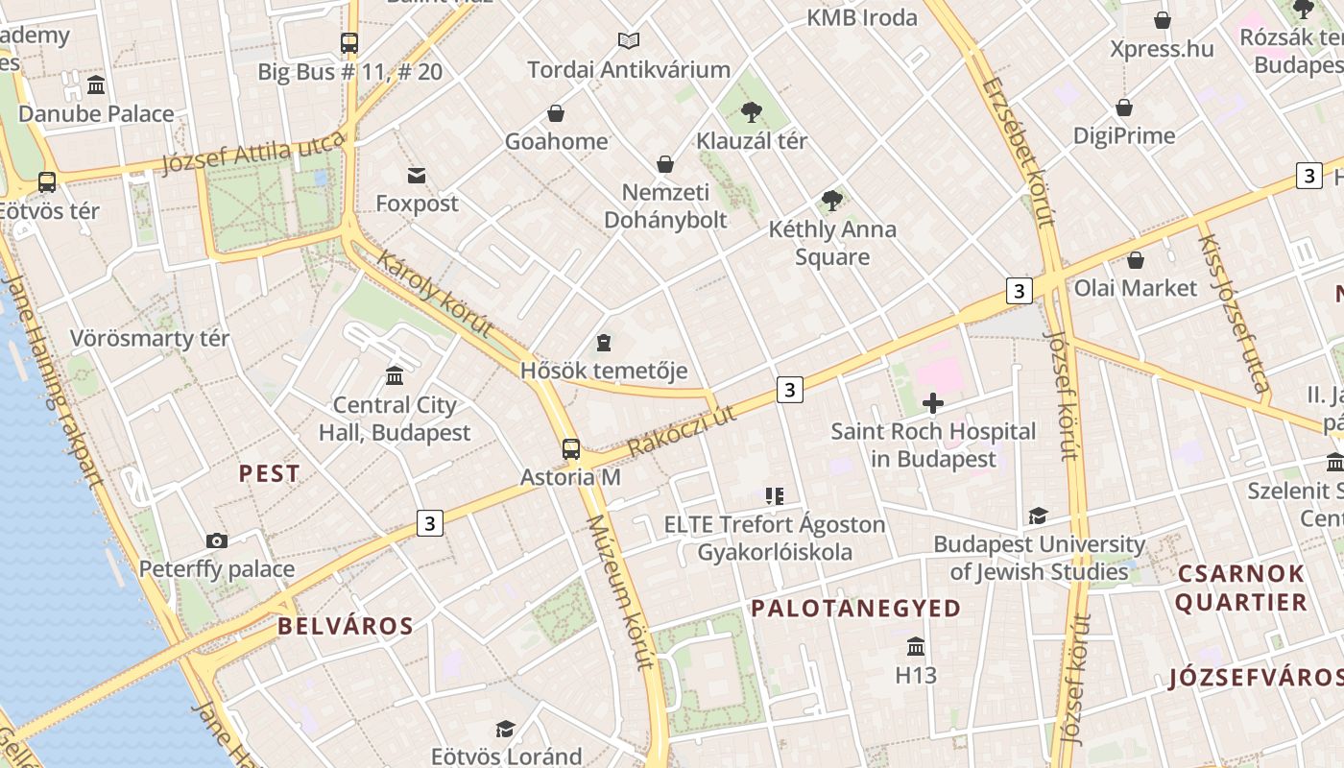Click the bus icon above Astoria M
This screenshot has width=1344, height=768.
tap(571, 448)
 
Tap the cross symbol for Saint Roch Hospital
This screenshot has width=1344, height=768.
tap(932, 403)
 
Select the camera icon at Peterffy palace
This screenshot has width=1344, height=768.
tap(217, 540)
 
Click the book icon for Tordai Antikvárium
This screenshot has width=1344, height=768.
tap(629, 40)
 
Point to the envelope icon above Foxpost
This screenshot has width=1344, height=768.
tap(417, 175)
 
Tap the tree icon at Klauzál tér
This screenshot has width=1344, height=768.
tap(752, 112)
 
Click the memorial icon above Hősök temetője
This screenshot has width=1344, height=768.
tap(604, 342)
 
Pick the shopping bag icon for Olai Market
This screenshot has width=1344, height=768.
tap(1136, 260)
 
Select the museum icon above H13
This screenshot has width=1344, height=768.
tap(916, 646)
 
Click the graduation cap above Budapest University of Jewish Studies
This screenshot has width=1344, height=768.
tap(1038, 516)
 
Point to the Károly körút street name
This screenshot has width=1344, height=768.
tap(435, 293)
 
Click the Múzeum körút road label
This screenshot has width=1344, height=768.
tap(620, 591)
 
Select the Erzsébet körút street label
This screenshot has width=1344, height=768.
tap(1018, 153)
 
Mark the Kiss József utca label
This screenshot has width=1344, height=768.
tap(1234, 312)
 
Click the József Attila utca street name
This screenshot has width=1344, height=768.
tap(253, 155)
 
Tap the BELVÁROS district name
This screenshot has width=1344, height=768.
tap(346, 627)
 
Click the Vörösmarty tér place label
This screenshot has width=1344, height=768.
tap(150, 339)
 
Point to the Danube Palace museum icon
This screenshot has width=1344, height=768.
tap(96, 85)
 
